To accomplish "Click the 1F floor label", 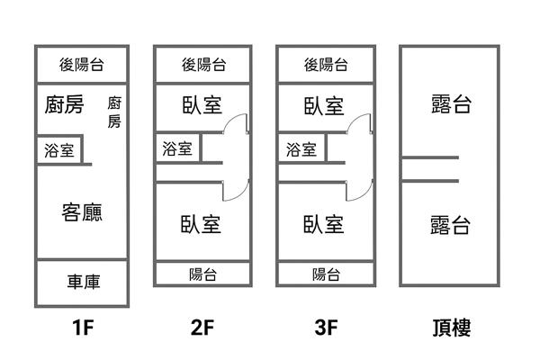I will tap(82, 329).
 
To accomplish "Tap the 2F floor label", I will tap(202, 329).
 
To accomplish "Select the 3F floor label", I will tap(325, 329).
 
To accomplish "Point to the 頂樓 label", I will tap(449, 329).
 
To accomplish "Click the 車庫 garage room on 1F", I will tap(82, 282).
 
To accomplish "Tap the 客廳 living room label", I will tap(82, 212).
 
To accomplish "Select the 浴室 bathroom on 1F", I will tap(59, 150).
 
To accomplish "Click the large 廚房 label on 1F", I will tap(63, 105).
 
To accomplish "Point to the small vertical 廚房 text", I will tap(114, 112).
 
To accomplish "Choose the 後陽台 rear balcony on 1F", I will tap(82, 64).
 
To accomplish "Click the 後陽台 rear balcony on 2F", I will tap(203, 64).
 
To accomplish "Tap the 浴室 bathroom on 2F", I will tap(178, 148).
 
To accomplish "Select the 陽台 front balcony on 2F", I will tap(202, 274).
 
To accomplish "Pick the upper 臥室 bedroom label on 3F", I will tap(323, 105).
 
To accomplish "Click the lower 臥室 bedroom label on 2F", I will tap(201, 222).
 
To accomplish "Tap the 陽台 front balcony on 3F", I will tap(325, 274).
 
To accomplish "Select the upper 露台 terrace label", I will tap(449, 105).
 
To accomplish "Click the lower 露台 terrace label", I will tap(449, 223).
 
